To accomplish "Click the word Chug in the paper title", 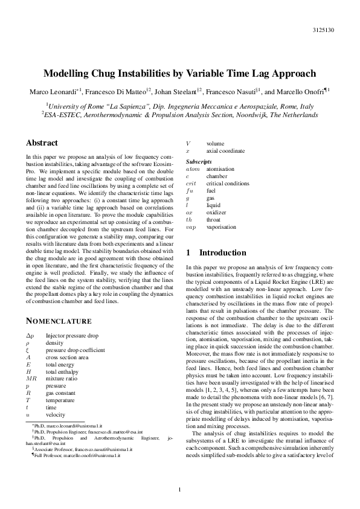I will pyautogui.click(x=120, y=74).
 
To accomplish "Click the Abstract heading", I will pyautogui.click(x=42, y=143).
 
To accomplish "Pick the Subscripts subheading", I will pyautogui.click(x=199, y=162).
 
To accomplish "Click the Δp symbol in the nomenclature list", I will pyautogui.click(x=31, y=335).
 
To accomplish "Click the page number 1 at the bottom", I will pyautogui.click(x=179, y=489).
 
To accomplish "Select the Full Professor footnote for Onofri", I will pyautogui.click(x=76, y=455).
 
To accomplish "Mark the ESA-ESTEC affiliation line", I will pyautogui.click(x=179, y=114).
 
